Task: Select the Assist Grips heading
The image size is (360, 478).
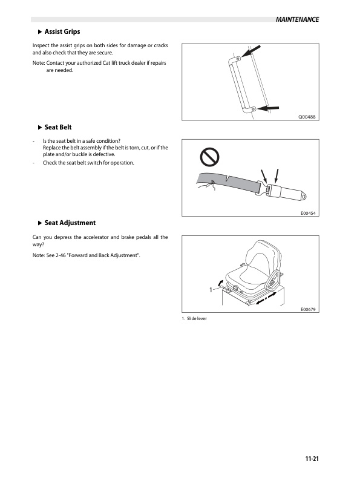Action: (x=62, y=31)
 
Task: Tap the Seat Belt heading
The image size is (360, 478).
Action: (x=58, y=127)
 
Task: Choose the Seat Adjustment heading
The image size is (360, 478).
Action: (x=70, y=223)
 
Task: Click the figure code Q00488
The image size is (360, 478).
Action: (x=307, y=117)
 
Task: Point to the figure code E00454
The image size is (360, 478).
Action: (x=309, y=213)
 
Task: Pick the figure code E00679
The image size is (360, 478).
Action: (x=309, y=309)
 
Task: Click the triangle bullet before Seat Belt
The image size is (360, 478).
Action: (x=40, y=127)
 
